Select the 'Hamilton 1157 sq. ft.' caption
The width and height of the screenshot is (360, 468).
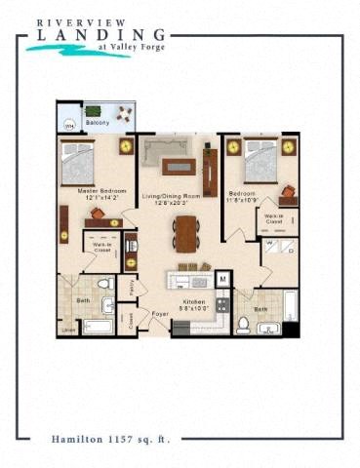tap(108, 440)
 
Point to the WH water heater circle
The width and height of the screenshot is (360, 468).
tap(69, 126)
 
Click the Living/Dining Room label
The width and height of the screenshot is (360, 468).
tap(173, 197)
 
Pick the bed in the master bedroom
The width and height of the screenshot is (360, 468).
tap(78, 161)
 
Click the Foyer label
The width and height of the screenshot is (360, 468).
tap(160, 315)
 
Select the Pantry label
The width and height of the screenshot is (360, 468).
tap(133, 287)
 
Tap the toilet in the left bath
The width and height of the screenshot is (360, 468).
tap(104, 286)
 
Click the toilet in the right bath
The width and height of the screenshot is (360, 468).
tap(243, 323)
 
